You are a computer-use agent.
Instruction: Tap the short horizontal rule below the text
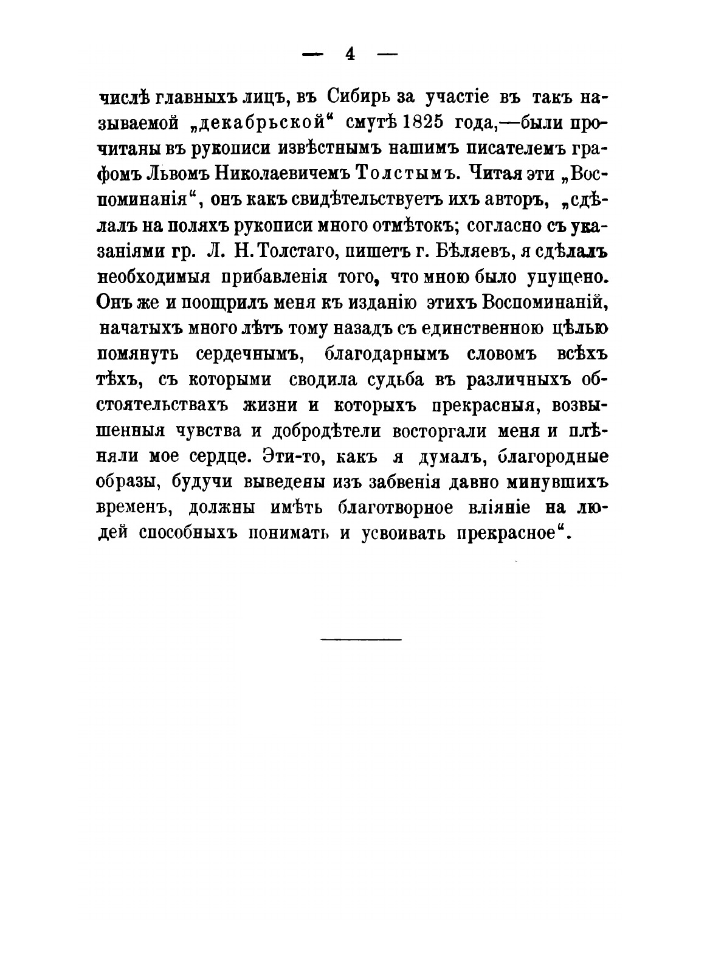360,639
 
